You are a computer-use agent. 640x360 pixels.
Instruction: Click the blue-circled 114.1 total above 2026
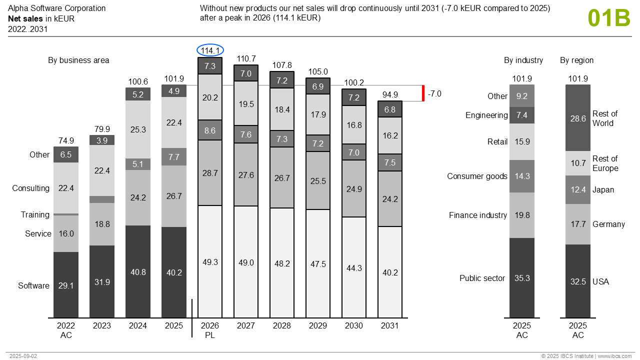point(210,50)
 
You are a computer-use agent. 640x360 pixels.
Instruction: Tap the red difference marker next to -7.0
point(423,93)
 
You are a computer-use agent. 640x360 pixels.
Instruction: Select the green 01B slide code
point(609,18)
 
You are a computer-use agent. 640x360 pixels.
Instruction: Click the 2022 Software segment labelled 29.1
point(66,285)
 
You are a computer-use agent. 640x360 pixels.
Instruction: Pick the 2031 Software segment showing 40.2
point(390,272)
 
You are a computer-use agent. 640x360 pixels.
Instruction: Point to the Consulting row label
point(31,188)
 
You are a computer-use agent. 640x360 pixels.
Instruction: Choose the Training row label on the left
point(35,215)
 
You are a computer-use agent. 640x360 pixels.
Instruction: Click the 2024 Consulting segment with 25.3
point(138,129)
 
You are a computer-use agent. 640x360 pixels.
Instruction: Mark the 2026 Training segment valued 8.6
point(210,130)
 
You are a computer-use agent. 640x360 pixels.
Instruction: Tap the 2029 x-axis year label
point(318,326)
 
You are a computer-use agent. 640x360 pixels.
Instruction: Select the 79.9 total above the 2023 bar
point(102,129)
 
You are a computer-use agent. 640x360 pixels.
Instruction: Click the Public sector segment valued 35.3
point(522,278)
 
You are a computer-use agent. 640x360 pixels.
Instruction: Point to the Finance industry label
point(478,215)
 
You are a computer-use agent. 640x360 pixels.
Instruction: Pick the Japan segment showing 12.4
point(578,190)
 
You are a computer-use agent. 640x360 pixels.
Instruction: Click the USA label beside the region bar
point(600,282)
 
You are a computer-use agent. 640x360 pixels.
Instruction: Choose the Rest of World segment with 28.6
point(578,118)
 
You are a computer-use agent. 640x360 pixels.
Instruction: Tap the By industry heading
point(523,60)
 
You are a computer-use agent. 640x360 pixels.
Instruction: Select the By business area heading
point(78,60)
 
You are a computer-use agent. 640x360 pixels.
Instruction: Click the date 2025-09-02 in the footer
point(23,356)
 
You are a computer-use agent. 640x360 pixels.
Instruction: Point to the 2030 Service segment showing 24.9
point(354,189)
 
